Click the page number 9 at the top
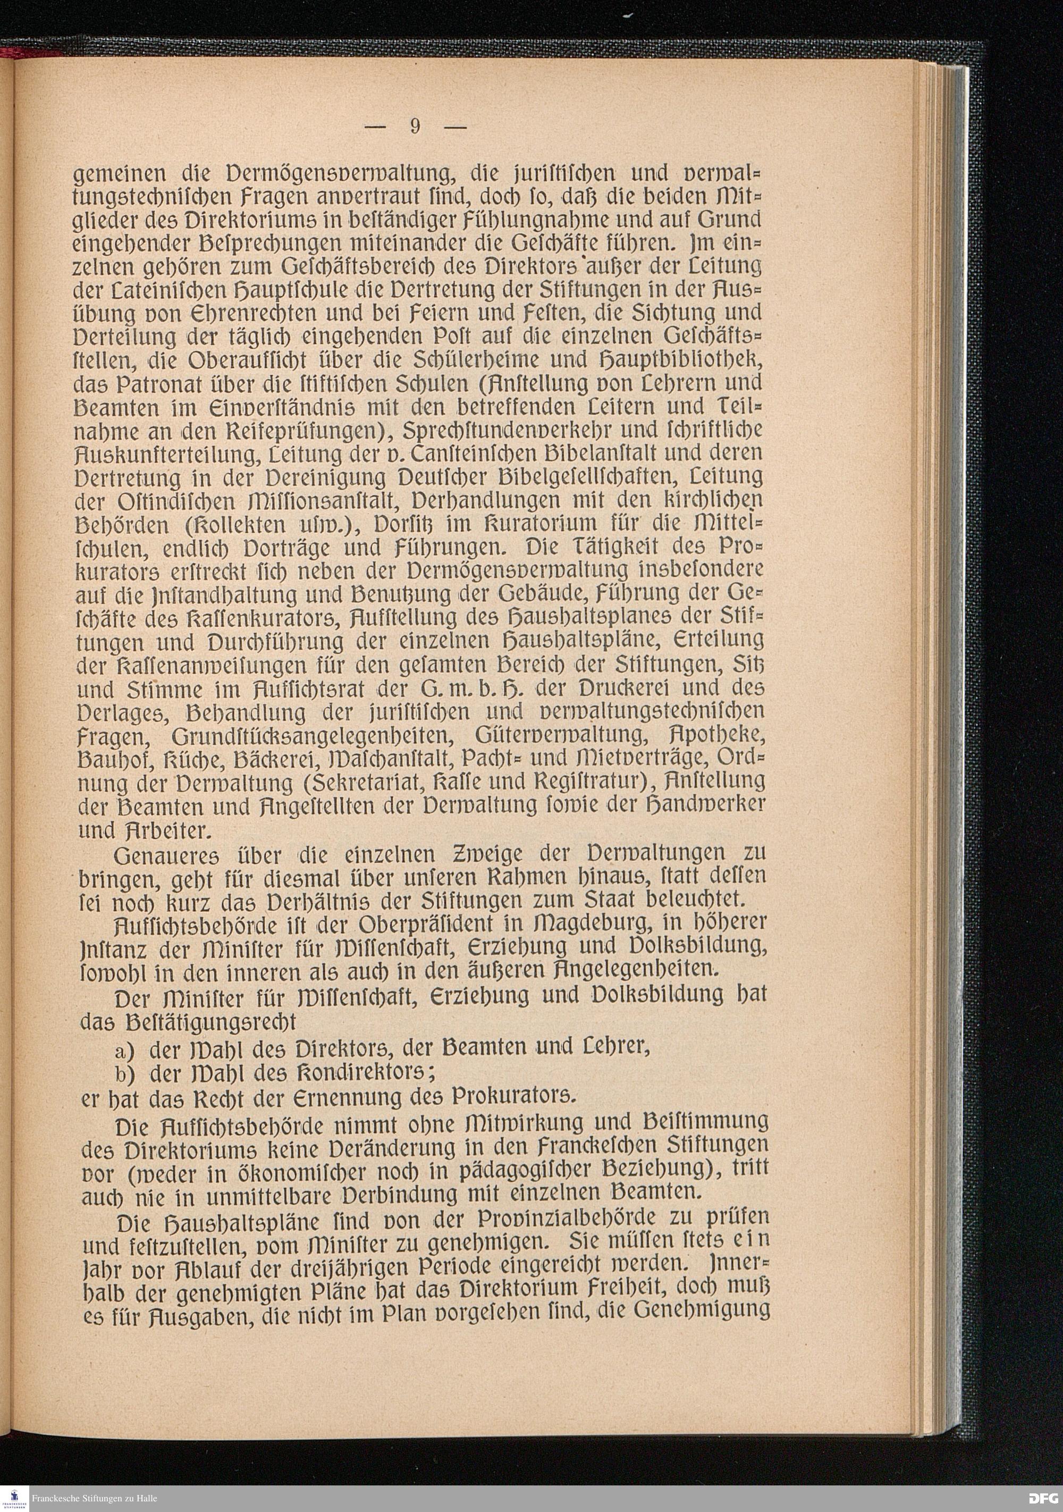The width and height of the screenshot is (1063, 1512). coord(415,126)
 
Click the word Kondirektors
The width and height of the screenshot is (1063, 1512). coord(368,1074)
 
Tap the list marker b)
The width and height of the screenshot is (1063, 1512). coord(124,1074)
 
